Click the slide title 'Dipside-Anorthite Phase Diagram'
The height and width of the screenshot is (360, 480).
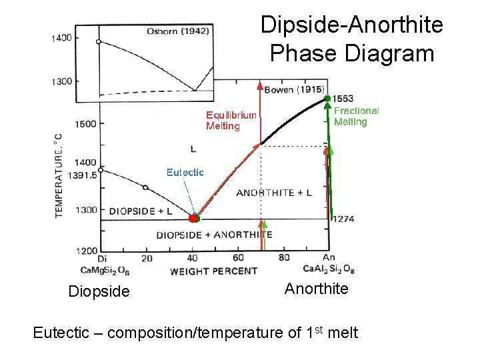[x=351, y=39]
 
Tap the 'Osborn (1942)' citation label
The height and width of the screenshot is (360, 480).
[x=178, y=31]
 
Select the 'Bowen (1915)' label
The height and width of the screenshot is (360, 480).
[x=294, y=89]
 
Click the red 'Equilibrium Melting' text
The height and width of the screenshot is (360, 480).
[x=231, y=121]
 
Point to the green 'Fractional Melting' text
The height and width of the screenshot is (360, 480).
[x=356, y=117]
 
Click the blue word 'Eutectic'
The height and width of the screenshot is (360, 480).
[x=185, y=172]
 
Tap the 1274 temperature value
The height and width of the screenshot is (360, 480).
[x=343, y=219]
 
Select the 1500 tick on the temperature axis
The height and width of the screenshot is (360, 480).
[x=85, y=123]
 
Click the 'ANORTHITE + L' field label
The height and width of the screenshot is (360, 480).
[x=274, y=193]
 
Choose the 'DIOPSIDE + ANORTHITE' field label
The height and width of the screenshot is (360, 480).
[x=214, y=235]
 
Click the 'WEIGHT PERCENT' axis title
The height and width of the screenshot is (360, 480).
[x=213, y=271]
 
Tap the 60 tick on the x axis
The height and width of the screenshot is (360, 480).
[x=238, y=258]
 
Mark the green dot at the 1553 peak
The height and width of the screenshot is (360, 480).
[x=327, y=99]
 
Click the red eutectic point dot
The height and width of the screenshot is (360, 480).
[x=192, y=218]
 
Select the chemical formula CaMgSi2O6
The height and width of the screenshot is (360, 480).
[x=105, y=270]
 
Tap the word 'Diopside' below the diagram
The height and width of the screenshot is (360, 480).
[x=99, y=291]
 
